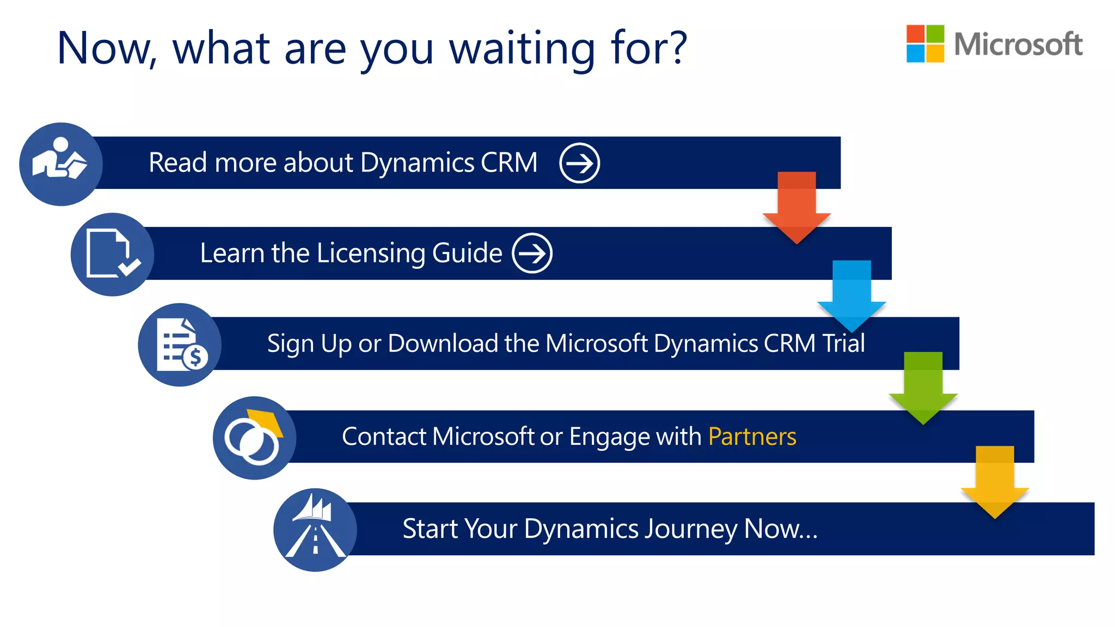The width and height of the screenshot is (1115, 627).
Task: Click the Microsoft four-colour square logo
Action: pos(925,44)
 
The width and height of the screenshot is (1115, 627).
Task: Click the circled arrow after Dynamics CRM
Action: pos(579,163)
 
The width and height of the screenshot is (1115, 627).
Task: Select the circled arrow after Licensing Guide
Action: pos(532,253)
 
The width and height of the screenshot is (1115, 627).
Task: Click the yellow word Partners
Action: pos(752,437)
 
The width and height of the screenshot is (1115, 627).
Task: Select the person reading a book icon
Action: pos(60,164)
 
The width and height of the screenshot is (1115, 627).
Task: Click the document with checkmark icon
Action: pos(112,254)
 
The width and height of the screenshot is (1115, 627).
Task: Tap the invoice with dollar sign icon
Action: pos(180,345)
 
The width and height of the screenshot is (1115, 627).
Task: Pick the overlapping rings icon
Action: pos(254,438)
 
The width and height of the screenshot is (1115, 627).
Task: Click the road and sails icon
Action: pos(315,530)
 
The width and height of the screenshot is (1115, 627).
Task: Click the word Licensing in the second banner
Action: pos(370,254)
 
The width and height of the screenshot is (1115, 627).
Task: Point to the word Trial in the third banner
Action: pos(843,343)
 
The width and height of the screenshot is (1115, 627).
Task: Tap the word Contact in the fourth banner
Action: pos(384,437)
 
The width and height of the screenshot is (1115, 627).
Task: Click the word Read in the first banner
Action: pos(178,163)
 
